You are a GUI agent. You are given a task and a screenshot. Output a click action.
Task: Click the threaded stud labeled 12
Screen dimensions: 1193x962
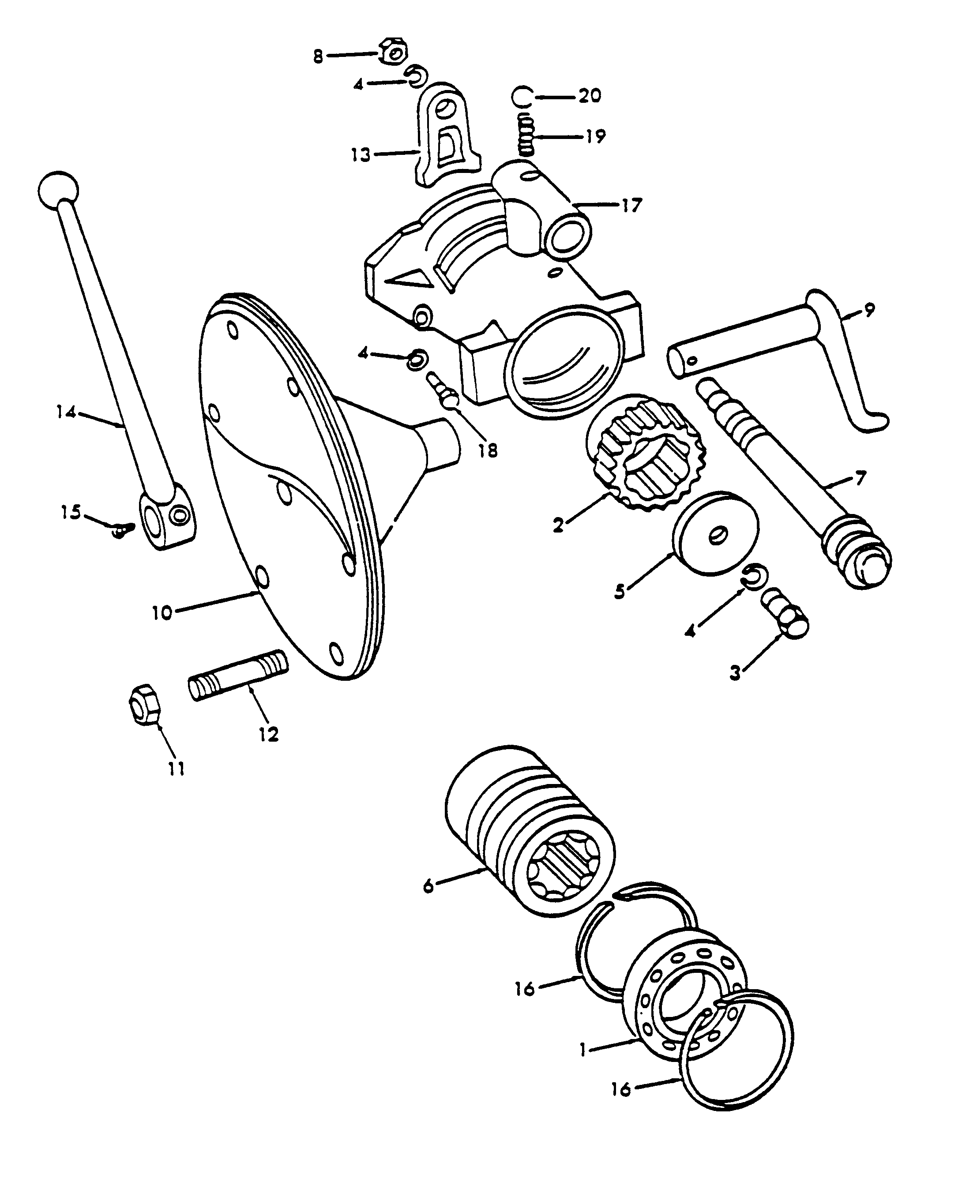238,675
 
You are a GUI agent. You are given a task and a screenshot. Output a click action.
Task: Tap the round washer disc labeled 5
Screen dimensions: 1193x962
715,533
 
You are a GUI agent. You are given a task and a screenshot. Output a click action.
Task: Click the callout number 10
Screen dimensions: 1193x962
162,613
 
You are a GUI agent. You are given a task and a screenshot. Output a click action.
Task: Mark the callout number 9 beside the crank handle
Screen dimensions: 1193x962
869,310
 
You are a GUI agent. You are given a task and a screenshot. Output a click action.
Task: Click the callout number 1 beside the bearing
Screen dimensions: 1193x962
582,1050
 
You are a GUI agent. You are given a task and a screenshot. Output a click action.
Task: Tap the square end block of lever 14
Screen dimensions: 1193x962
166,515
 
